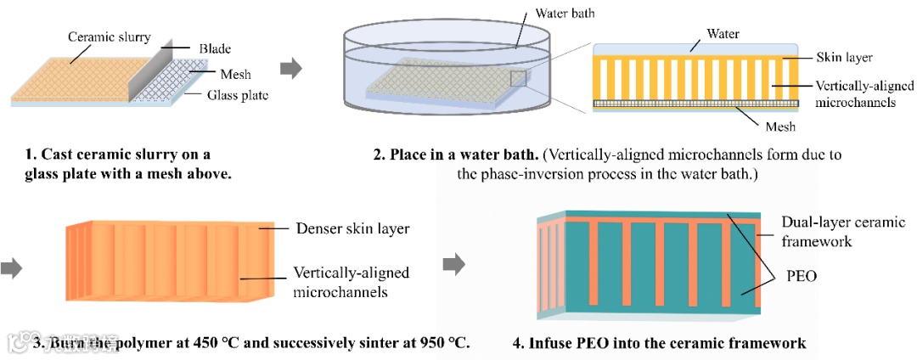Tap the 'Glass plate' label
pos(238,95)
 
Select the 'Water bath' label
pos(566,14)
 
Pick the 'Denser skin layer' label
pos(352,228)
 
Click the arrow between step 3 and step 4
pos(455,264)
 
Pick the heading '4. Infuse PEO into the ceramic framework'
pos(659,343)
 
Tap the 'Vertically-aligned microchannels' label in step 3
pos(351,283)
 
